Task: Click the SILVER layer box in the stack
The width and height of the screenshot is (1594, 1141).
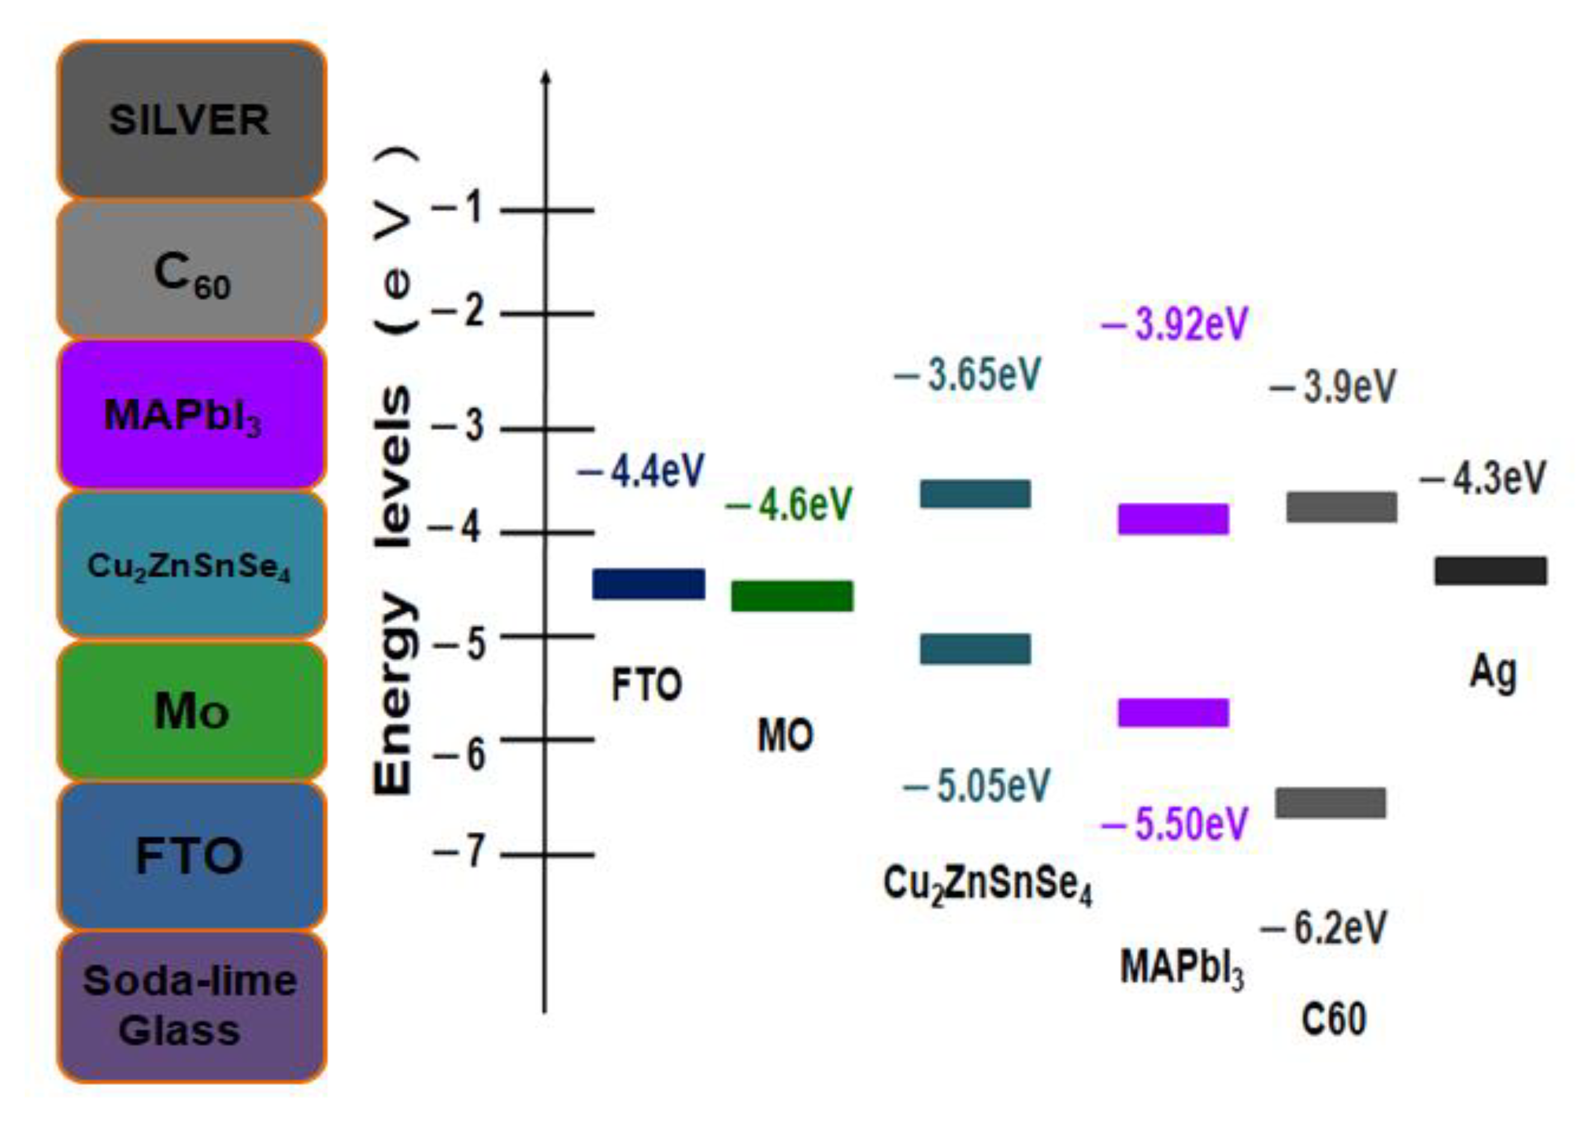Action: tap(191, 120)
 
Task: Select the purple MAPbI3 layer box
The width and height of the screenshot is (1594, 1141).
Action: tap(191, 414)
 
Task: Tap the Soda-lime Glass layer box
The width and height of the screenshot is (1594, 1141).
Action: tap(191, 1006)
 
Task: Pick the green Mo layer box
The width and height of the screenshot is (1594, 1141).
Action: tap(191, 711)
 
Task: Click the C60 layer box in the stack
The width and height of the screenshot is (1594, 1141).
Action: tap(191, 271)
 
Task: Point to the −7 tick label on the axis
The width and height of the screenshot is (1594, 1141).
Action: tap(460, 852)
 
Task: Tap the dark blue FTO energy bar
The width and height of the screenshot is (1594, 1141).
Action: tap(648, 584)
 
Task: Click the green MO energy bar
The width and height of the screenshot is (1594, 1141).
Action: tap(792, 596)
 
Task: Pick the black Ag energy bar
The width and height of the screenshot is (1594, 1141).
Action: tap(1490, 570)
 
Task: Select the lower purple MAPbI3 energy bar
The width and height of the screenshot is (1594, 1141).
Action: tap(1172, 712)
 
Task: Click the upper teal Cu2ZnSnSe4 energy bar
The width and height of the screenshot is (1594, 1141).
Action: tap(975, 494)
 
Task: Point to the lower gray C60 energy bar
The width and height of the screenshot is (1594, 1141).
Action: tap(1331, 803)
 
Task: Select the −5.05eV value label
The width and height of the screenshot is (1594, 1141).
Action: tap(976, 786)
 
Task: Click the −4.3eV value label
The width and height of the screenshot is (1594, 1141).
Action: tap(1483, 478)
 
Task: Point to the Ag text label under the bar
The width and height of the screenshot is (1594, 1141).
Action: tap(1492, 672)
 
